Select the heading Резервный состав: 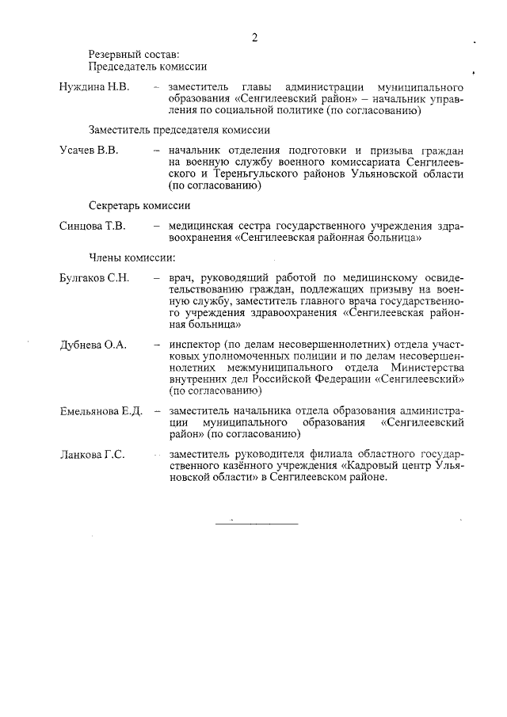point(128,54)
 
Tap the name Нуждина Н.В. point(94,86)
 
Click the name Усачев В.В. point(88,151)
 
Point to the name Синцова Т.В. point(93,227)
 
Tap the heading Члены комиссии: point(132,257)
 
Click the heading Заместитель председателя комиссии point(179,129)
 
